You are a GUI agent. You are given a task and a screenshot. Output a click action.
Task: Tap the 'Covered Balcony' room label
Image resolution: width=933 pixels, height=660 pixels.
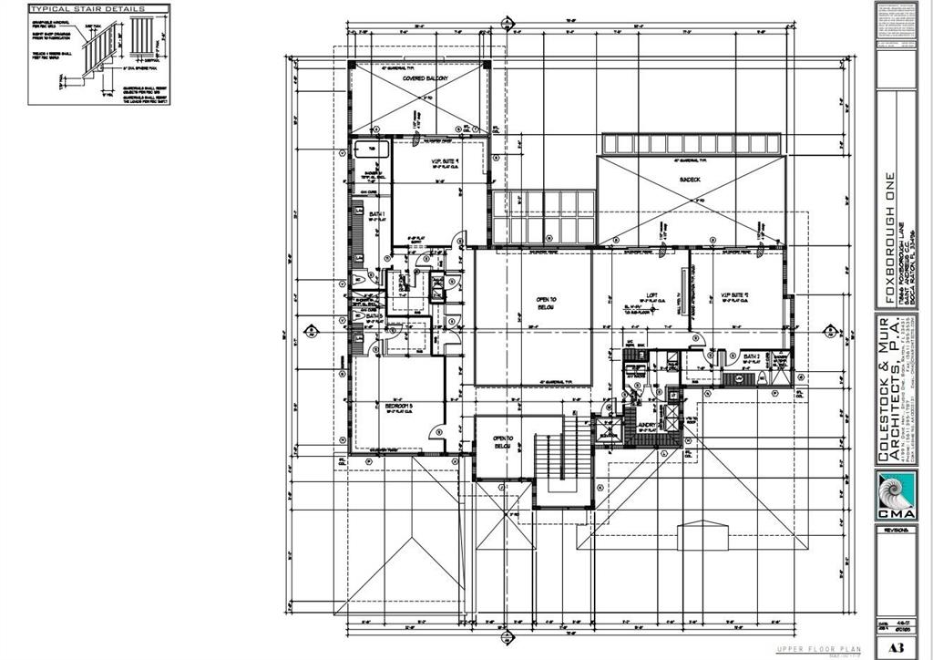click(x=425, y=79)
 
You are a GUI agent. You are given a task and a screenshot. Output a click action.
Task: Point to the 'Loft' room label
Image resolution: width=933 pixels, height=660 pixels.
click(x=651, y=295)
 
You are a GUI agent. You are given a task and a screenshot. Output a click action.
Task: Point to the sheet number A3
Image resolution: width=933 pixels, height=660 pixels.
click(x=896, y=648)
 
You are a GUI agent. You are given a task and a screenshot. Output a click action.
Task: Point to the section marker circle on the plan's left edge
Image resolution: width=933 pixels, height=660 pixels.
click(x=310, y=330)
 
